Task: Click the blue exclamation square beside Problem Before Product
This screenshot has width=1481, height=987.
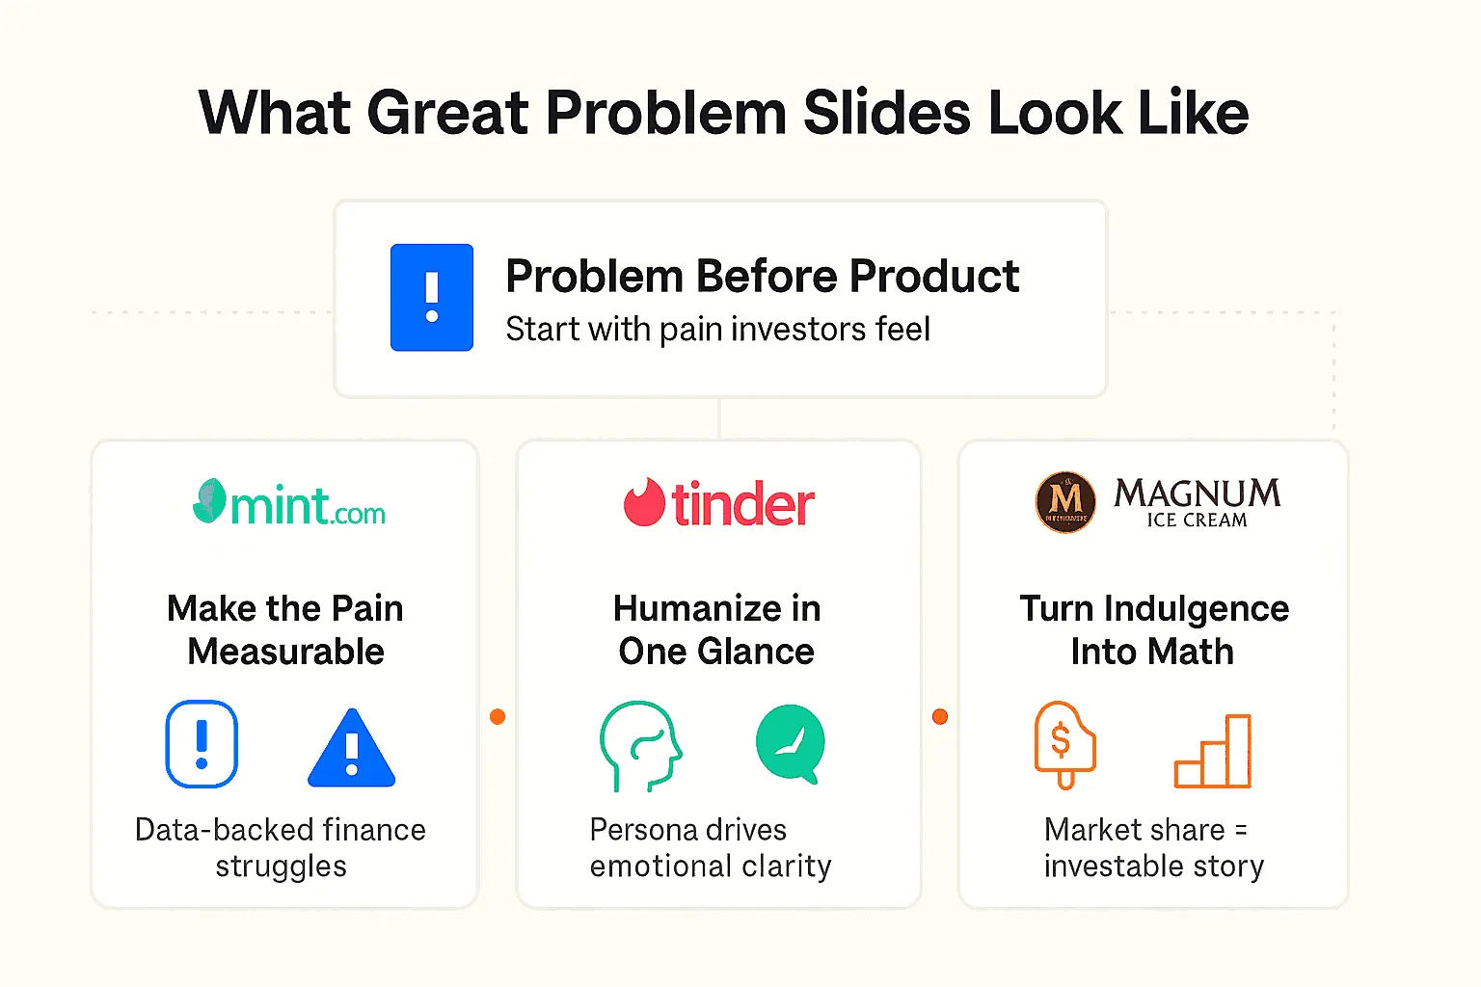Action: [431, 297]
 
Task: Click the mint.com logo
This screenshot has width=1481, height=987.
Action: [289, 503]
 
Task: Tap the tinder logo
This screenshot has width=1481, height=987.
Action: [719, 503]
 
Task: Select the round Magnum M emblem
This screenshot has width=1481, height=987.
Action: [1065, 502]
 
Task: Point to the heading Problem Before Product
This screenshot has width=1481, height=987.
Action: [762, 277]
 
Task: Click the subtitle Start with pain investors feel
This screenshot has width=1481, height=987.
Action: [717, 330]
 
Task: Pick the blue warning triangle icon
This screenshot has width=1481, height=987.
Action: [351, 748]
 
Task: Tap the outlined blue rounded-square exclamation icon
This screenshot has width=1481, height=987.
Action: [202, 744]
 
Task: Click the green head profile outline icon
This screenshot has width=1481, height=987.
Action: [640, 745]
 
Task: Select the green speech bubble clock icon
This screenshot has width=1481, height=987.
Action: [791, 743]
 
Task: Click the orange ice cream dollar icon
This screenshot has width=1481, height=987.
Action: [1064, 744]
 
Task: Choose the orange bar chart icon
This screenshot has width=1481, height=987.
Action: [1213, 751]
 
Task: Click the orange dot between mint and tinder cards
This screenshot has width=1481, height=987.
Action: [498, 716]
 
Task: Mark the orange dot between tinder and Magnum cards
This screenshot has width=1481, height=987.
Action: [940, 716]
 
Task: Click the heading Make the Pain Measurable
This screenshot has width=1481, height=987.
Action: [285, 630]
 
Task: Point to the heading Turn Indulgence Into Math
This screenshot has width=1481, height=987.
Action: [1153, 630]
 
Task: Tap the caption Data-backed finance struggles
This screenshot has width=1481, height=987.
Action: [281, 847]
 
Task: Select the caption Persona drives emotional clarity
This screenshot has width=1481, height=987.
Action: [710, 847]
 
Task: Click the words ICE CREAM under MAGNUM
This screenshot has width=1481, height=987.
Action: [1197, 520]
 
